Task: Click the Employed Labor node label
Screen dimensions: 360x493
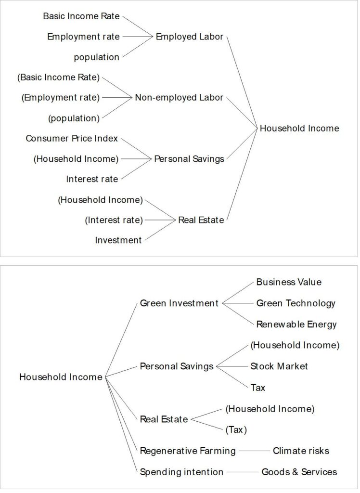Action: [x=189, y=37]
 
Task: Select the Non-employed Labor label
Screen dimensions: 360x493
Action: [x=179, y=97]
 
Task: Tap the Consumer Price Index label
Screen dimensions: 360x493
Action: [x=72, y=138]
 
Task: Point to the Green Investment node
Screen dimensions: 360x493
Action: [x=179, y=303]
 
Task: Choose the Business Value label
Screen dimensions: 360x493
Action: [x=289, y=282]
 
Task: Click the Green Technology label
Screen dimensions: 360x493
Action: [x=296, y=303]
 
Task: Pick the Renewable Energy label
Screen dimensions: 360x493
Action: [x=296, y=324]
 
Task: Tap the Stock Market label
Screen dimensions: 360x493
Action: [x=279, y=366]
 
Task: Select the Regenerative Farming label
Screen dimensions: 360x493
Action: [x=188, y=451]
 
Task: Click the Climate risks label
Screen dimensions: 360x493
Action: [x=301, y=451]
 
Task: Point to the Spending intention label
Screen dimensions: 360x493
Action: [x=181, y=472]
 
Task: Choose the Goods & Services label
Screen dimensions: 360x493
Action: [x=299, y=472]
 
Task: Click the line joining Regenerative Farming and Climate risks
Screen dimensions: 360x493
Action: [x=254, y=451]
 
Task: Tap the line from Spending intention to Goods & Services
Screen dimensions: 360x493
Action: [x=243, y=472]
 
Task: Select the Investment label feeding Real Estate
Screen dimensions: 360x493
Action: [x=118, y=240]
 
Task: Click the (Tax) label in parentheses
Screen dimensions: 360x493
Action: [x=236, y=430]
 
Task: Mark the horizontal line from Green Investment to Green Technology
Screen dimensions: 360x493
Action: [x=238, y=303]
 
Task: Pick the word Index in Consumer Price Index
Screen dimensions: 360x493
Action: [x=106, y=138]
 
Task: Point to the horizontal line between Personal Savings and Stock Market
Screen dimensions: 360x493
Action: [x=232, y=366]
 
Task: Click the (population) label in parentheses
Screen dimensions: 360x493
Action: [x=74, y=118]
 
